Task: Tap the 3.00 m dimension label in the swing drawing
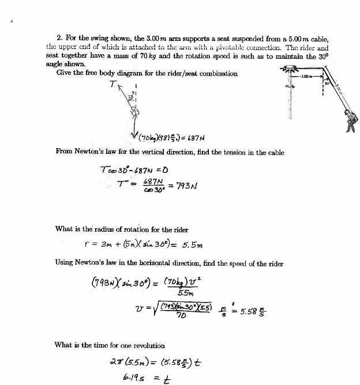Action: pos(307,76)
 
